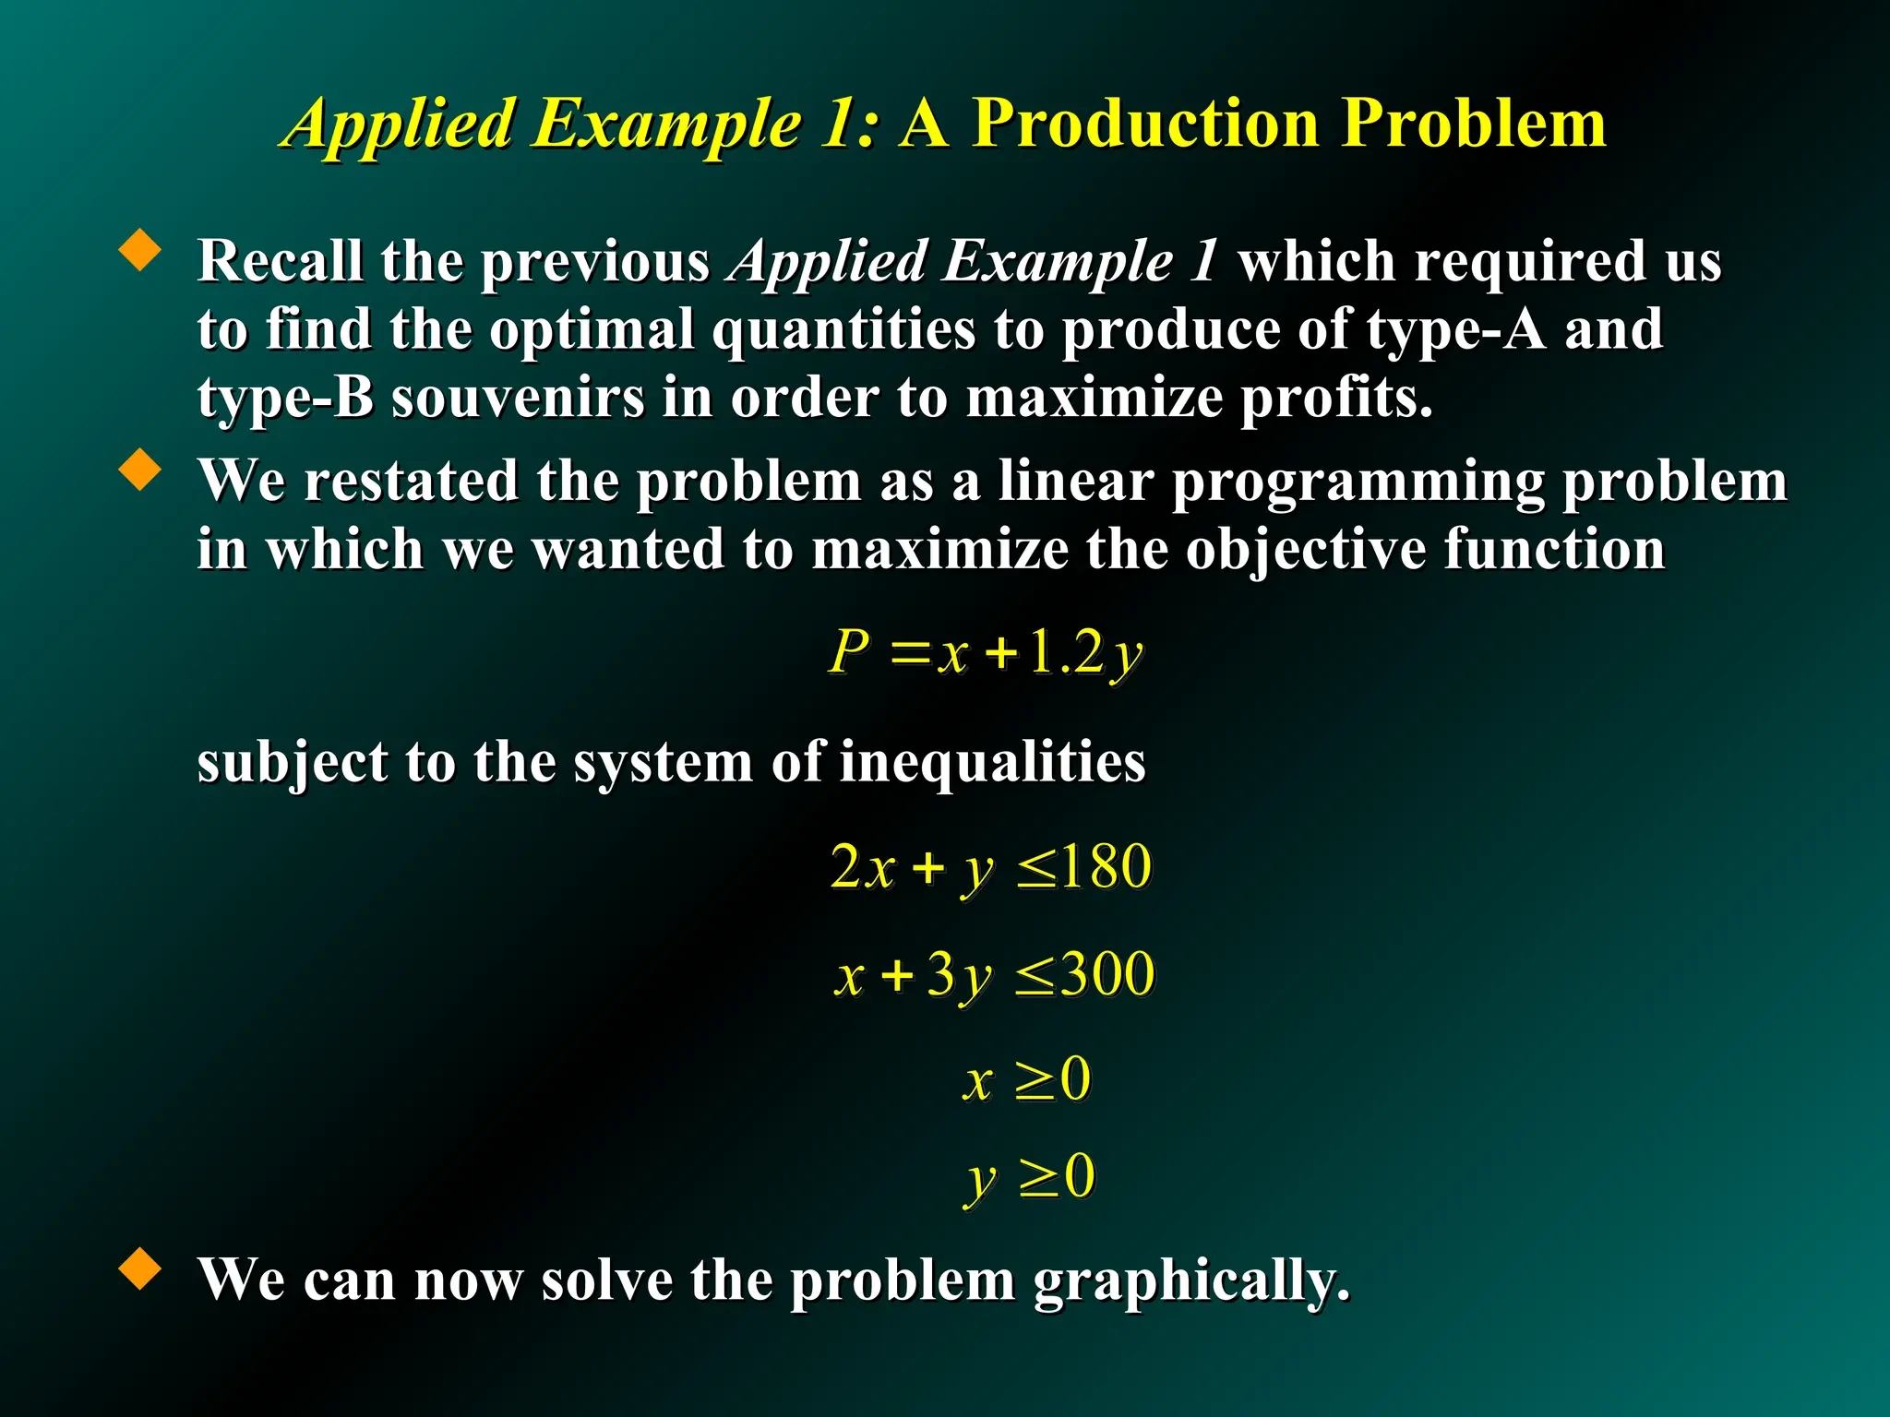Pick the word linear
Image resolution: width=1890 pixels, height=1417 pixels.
(x=1075, y=482)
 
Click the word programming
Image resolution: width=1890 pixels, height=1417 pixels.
(x=1357, y=483)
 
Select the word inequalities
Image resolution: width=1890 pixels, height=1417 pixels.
(x=992, y=763)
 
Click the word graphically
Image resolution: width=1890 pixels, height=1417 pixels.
(x=1190, y=1281)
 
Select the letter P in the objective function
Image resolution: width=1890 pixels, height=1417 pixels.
(x=849, y=652)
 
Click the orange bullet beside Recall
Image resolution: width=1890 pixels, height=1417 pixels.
(x=140, y=250)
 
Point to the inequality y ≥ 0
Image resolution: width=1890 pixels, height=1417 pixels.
(x=1030, y=1178)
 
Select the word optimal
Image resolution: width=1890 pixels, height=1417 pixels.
(x=591, y=330)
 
